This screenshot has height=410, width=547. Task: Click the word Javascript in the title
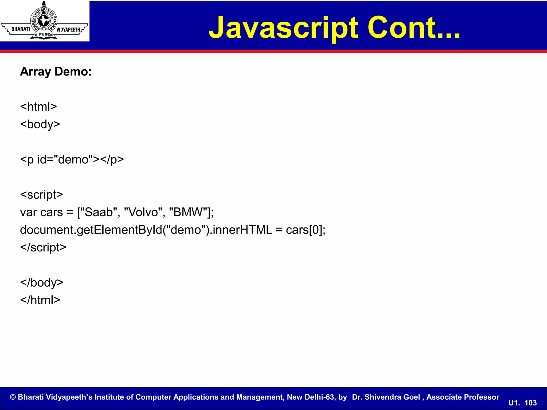[x=283, y=28]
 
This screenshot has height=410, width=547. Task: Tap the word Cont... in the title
[x=414, y=27]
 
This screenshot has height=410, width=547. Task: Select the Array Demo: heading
[x=56, y=72]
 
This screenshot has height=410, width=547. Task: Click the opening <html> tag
[x=38, y=107]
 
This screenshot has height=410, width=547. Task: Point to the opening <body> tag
[x=40, y=124]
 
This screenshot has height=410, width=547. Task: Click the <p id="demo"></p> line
[x=72, y=160]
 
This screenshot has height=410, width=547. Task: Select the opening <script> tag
[x=41, y=195]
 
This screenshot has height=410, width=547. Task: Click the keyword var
[x=28, y=212]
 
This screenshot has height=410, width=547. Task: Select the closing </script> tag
[x=43, y=247]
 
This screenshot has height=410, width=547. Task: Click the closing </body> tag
[x=42, y=283]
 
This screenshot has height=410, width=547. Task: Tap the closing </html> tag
[x=40, y=300]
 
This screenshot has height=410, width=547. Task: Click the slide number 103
[x=530, y=403]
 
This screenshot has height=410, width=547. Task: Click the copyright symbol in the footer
[x=13, y=397]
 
